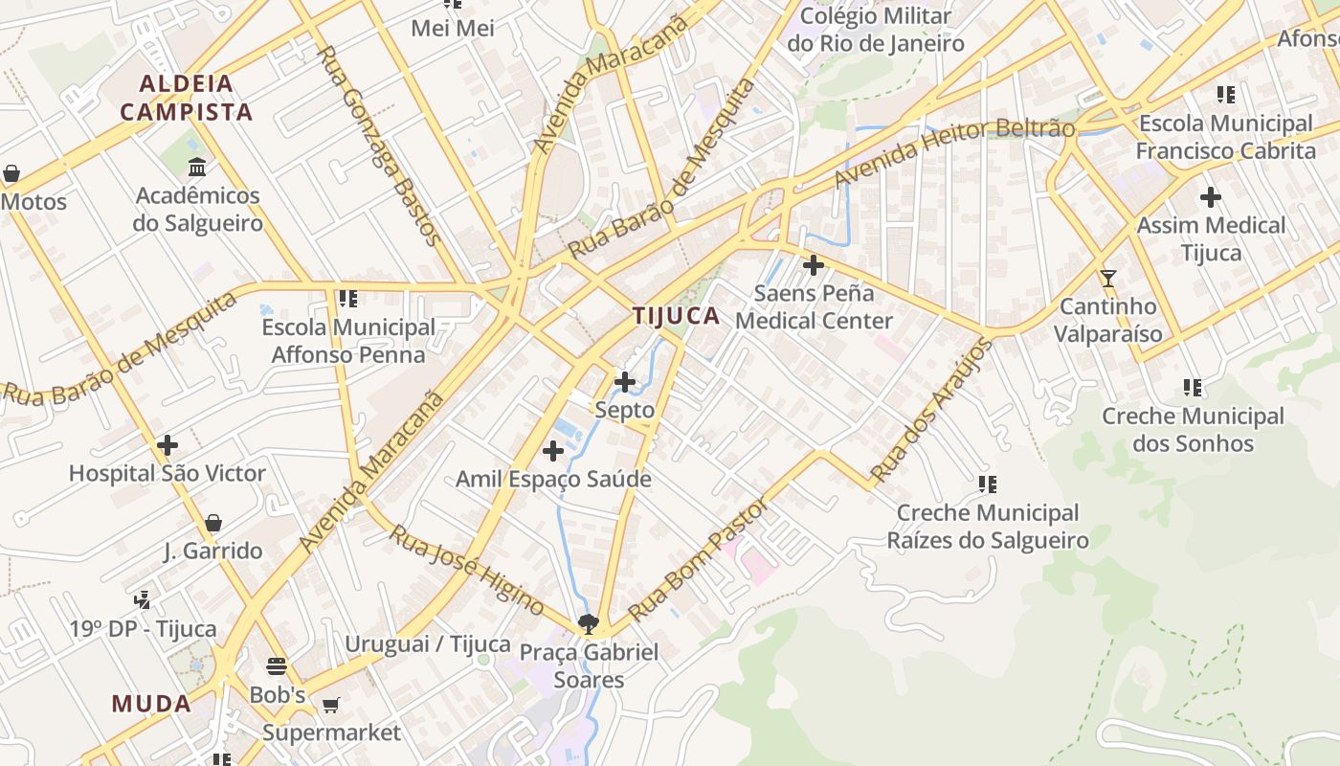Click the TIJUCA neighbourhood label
pyautogui.click(x=676, y=316)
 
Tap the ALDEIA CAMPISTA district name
pyautogui.click(x=187, y=98)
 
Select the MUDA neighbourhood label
pyautogui.click(x=151, y=704)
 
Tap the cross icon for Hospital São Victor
pyautogui.click(x=167, y=445)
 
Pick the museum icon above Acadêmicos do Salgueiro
pyautogui.click(x=197, y=168)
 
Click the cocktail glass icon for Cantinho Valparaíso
pyautogui.click(x=1108, y=279)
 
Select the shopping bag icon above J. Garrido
pyautogui.click(x=213, y=523)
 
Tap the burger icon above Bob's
pyautogui.click(x=277, y=665)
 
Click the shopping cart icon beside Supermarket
pyautogui.click(x=330, y=706)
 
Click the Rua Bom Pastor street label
pyautogui.click(x=698, y=560)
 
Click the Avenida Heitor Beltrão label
pyautogui.click(x=954, y=153)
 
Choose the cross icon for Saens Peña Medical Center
pyautogui.click(x=814, y=265)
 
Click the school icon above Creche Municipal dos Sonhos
pyautogui.click(x=1193, y=388)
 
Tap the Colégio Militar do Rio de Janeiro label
pyautogui.click(x=876, y=30)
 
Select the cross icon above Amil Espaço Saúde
pyautogui.click(x=553, y=451)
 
